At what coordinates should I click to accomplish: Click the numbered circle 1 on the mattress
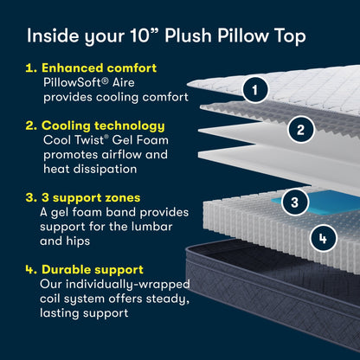(x=254, y=87)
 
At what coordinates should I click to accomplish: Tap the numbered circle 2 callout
(x=299, y=131)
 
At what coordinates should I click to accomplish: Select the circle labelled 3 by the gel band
(x=295, y=202)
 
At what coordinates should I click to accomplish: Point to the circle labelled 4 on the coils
(x=321, y=235)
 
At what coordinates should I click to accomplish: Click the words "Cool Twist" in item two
(x=74, y=141)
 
